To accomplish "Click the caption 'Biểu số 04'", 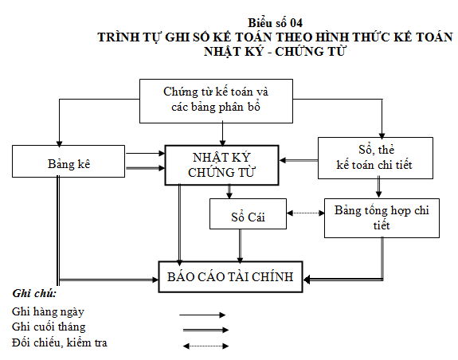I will [275, 23].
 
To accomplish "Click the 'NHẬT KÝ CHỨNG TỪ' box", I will [221, 165].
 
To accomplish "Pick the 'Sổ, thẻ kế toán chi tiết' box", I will [375, 158].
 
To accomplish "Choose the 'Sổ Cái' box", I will [248, 213].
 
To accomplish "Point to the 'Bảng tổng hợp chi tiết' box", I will [382, 217].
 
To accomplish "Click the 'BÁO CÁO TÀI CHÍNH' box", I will [231, 277].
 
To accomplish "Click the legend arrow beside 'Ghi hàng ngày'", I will [205, 315].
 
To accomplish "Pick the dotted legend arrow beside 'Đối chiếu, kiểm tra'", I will [205, 345].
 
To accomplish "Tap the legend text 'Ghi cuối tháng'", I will [49, 327].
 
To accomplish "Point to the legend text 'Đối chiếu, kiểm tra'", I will [60, 342].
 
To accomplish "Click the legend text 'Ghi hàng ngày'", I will [48, 311].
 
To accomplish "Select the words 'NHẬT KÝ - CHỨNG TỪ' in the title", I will [275, 51].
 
